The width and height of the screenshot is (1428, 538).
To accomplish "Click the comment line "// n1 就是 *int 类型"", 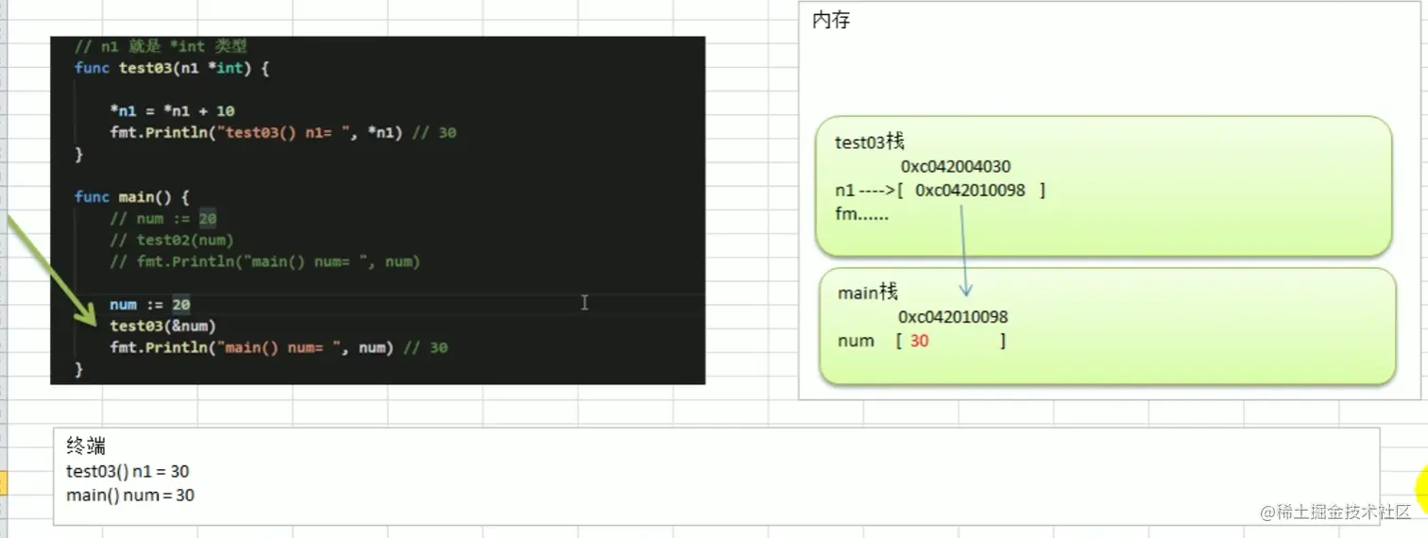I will click(x=161, y=45).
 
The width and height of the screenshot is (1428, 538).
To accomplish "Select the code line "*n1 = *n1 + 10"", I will click(x=172, y=110).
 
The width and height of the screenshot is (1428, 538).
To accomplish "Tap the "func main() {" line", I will click(x=132, y=196).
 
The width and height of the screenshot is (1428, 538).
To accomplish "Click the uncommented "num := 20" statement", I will click(x=149, y=304).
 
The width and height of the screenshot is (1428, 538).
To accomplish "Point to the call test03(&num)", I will click(x=162, y=326).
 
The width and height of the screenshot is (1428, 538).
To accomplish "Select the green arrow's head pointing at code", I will click(x=92, y=318).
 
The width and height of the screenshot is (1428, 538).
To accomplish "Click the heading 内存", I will click(x=831, y=20).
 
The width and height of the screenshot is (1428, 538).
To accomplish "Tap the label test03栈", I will click(x=870, y=142).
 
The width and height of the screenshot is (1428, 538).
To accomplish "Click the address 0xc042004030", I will click(x=955, y=167).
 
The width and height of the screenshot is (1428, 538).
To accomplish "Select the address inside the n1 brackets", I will click(x=970, y=191).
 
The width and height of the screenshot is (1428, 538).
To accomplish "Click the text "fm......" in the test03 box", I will click(x=861, y=214).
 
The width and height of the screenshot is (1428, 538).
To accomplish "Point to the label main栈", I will click(x=867, y=293).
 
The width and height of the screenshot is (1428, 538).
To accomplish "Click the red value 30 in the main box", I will click(x=919, y=341).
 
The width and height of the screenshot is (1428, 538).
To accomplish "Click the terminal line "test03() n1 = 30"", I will click(x=127, y=471).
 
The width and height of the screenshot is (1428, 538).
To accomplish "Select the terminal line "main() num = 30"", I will click(x=130, y=495).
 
